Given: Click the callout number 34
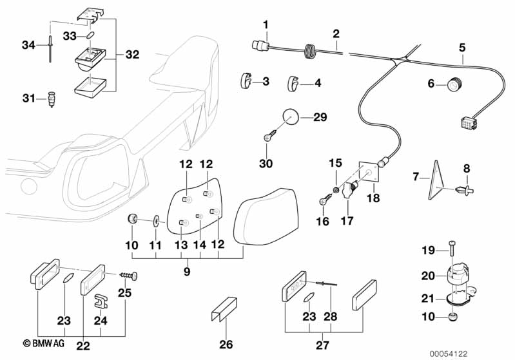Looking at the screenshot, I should [28, 44].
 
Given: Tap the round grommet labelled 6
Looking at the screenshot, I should [456, 84].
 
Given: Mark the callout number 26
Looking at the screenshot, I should [226, 345].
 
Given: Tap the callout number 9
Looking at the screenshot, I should [186, 272].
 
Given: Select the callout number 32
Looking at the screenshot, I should [131, 55].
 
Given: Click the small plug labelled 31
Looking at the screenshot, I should [51, 100].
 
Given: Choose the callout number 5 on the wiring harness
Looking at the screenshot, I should [462, 47].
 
